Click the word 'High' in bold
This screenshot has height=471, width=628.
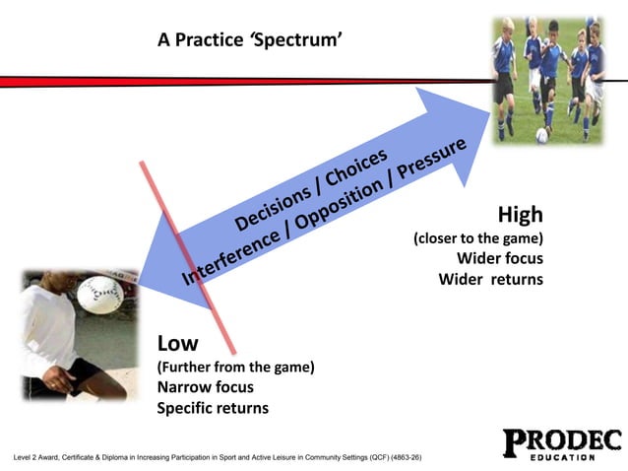tap(520, 215)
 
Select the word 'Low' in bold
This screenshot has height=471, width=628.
tap(178, 343)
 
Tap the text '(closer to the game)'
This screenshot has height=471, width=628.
tap(477, 237)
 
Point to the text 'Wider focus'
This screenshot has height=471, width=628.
tap(500, 258)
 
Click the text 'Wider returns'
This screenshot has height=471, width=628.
tap(490, 279)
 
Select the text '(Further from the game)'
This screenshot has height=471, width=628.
tap(235, 367)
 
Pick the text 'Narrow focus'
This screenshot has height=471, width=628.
tap(205, 387)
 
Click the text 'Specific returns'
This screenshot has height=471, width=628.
tap(213, 408)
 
